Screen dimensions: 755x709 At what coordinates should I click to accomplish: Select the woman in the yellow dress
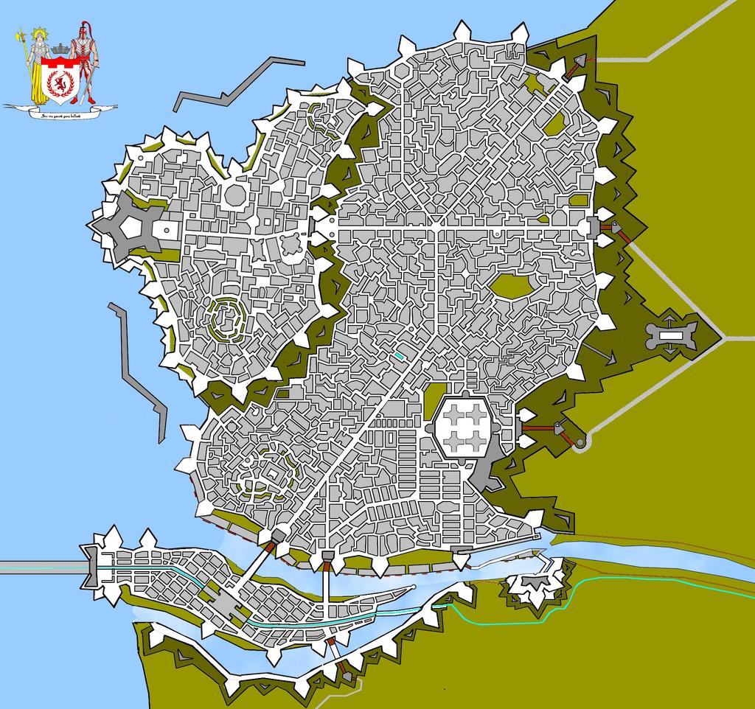click(x=38, y=70)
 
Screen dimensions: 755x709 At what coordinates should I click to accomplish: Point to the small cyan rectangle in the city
click(x=400, y=355)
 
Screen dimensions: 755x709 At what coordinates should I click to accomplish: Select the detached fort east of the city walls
click(x=671, y=335)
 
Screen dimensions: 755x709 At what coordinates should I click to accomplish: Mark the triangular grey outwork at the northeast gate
click(x=580, y=62)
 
